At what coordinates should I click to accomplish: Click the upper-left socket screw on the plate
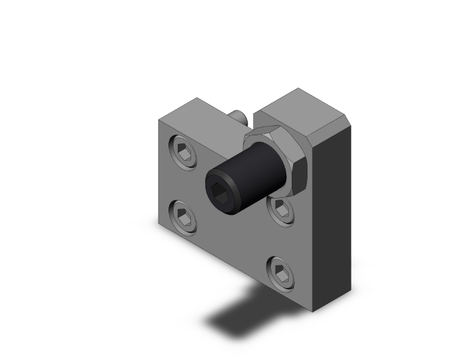coord(182,153)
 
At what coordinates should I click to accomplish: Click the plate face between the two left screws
coord(182,185)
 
